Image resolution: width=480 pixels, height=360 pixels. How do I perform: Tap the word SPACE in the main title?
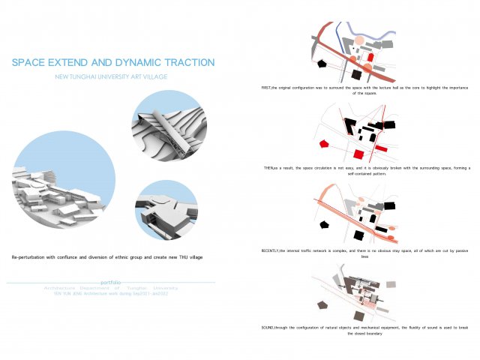pyautogui.click(x=29, y=63)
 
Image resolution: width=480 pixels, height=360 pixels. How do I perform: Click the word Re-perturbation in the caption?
pyautogui.click(x=31, y=257)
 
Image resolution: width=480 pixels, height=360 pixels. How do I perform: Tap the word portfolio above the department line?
pyautogui.click(x=114, y=282)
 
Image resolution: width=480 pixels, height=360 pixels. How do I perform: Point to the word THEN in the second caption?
pyautogui.click(x=271, y=167)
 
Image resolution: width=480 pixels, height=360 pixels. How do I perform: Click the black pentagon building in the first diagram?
pyautogui.click(x=322, y=65)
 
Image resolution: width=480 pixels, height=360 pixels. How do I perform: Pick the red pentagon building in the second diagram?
pyautogui.click(x=323, y=143)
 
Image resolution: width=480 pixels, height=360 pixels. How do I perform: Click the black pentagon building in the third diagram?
pyautogui.click(x=323, y=223)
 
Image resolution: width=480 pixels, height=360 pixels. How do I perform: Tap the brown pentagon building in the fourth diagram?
pyautogui.click(x=322, y=304)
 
